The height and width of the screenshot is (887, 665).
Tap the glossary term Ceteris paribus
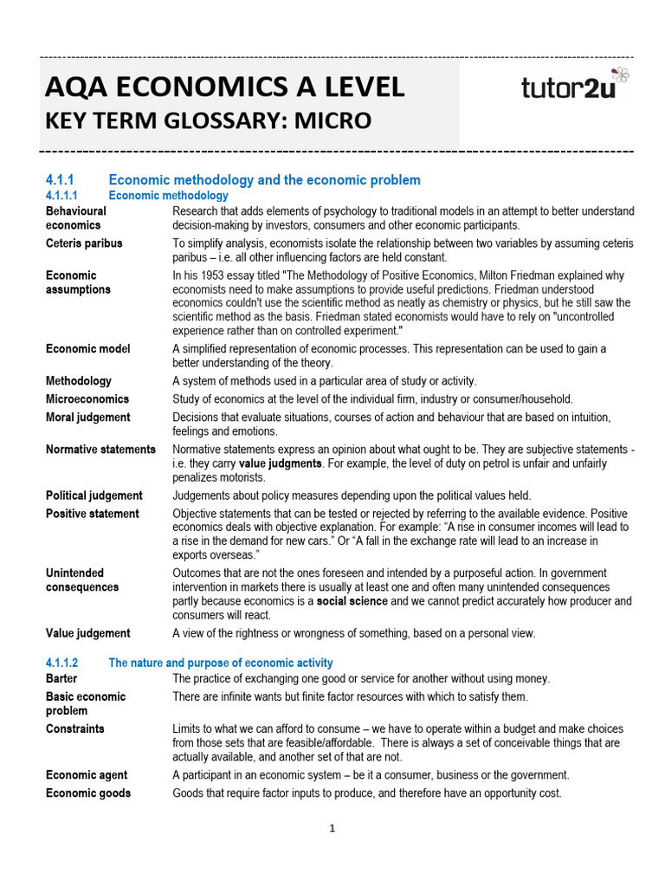[x=84, y=243]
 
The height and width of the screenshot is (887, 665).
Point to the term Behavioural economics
[x=76, y=217]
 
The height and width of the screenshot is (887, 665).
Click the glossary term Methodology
[x=79, y=380]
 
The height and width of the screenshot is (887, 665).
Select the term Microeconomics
[x=87, y=398]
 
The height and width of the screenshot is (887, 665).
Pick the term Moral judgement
[x=88, y=417]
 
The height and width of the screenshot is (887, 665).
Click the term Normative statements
[x=100, y=450]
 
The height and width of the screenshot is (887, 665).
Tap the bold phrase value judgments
[x=280, y=463]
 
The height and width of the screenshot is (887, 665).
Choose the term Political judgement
[x=94, y=495]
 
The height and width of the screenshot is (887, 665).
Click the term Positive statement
[x=92, y=514]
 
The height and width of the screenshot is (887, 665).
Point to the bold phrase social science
[x=352, y=601]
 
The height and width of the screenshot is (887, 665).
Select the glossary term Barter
[x=61, y=678]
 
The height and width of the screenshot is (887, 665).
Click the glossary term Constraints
[x=75, y=729]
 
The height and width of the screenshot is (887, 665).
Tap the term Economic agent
[x=87, y=775]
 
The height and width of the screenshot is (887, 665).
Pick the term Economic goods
[x=88, y=793]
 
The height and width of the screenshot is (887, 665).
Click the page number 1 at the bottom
[x=332, y=828]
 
